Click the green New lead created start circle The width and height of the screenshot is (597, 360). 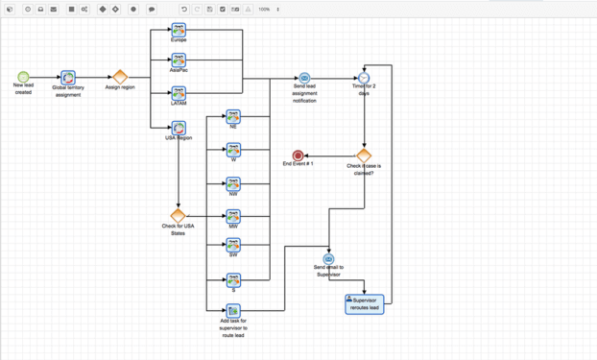[x=23, y=77]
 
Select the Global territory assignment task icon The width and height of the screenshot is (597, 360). [x=68, y=77]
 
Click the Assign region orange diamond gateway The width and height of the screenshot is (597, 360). [x=120, y=77]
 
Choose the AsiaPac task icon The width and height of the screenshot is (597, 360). [x=179, y=61]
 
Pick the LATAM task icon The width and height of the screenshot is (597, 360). [x=179, y=93]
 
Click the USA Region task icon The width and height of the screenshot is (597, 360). [x=179, y=128]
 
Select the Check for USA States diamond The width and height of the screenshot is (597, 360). [x=178, y=216]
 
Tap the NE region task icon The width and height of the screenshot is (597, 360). [x=233, y=116]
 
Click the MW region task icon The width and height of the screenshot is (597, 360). [x=233, y=216]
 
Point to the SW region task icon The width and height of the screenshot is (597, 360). [x=233, y=246]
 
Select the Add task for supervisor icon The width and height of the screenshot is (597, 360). [x=233, y=311]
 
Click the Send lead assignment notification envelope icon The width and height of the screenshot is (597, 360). [x=304, y=78]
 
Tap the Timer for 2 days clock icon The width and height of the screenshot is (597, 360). [x=364, y=78]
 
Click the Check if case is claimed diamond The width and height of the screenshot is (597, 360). [x=363, y=155]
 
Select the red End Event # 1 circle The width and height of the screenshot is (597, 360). [x=298, y=156]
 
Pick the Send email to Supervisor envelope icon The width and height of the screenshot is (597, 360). [x=328, y=259]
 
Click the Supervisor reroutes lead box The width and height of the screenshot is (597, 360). [x=364, y=303]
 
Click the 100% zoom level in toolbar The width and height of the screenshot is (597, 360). [x=264, y=10]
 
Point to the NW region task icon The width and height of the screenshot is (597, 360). [x=233, y=182]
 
